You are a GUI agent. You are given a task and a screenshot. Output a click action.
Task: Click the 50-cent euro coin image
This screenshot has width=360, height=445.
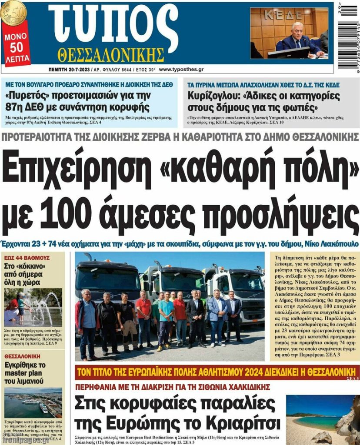pyautogui.click(x=13, y=12)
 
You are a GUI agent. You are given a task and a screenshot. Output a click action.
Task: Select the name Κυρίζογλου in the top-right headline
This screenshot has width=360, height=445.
pyautogui.click(x=214, y=95)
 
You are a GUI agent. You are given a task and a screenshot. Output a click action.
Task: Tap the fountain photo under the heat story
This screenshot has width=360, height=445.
pyautogui.click(x=33, y=305)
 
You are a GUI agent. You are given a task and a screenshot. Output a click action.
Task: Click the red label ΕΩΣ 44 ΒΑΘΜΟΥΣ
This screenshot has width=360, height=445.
pyautogui.click(x=27, y=258)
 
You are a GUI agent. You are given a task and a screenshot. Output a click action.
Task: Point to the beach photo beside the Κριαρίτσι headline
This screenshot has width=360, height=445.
pyautogui.click(x=322, y=420)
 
